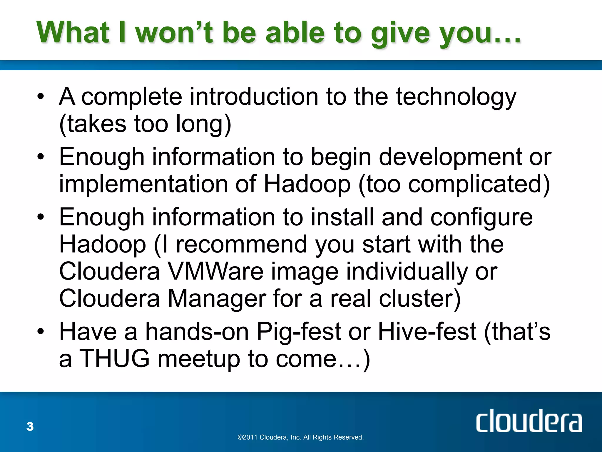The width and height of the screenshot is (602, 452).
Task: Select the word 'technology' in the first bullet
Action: point(456,97)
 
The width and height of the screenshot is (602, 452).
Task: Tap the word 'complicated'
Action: point(475,185)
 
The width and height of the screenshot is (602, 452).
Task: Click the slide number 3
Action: point(30,427)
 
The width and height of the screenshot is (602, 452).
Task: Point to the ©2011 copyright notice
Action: point(300,437)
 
